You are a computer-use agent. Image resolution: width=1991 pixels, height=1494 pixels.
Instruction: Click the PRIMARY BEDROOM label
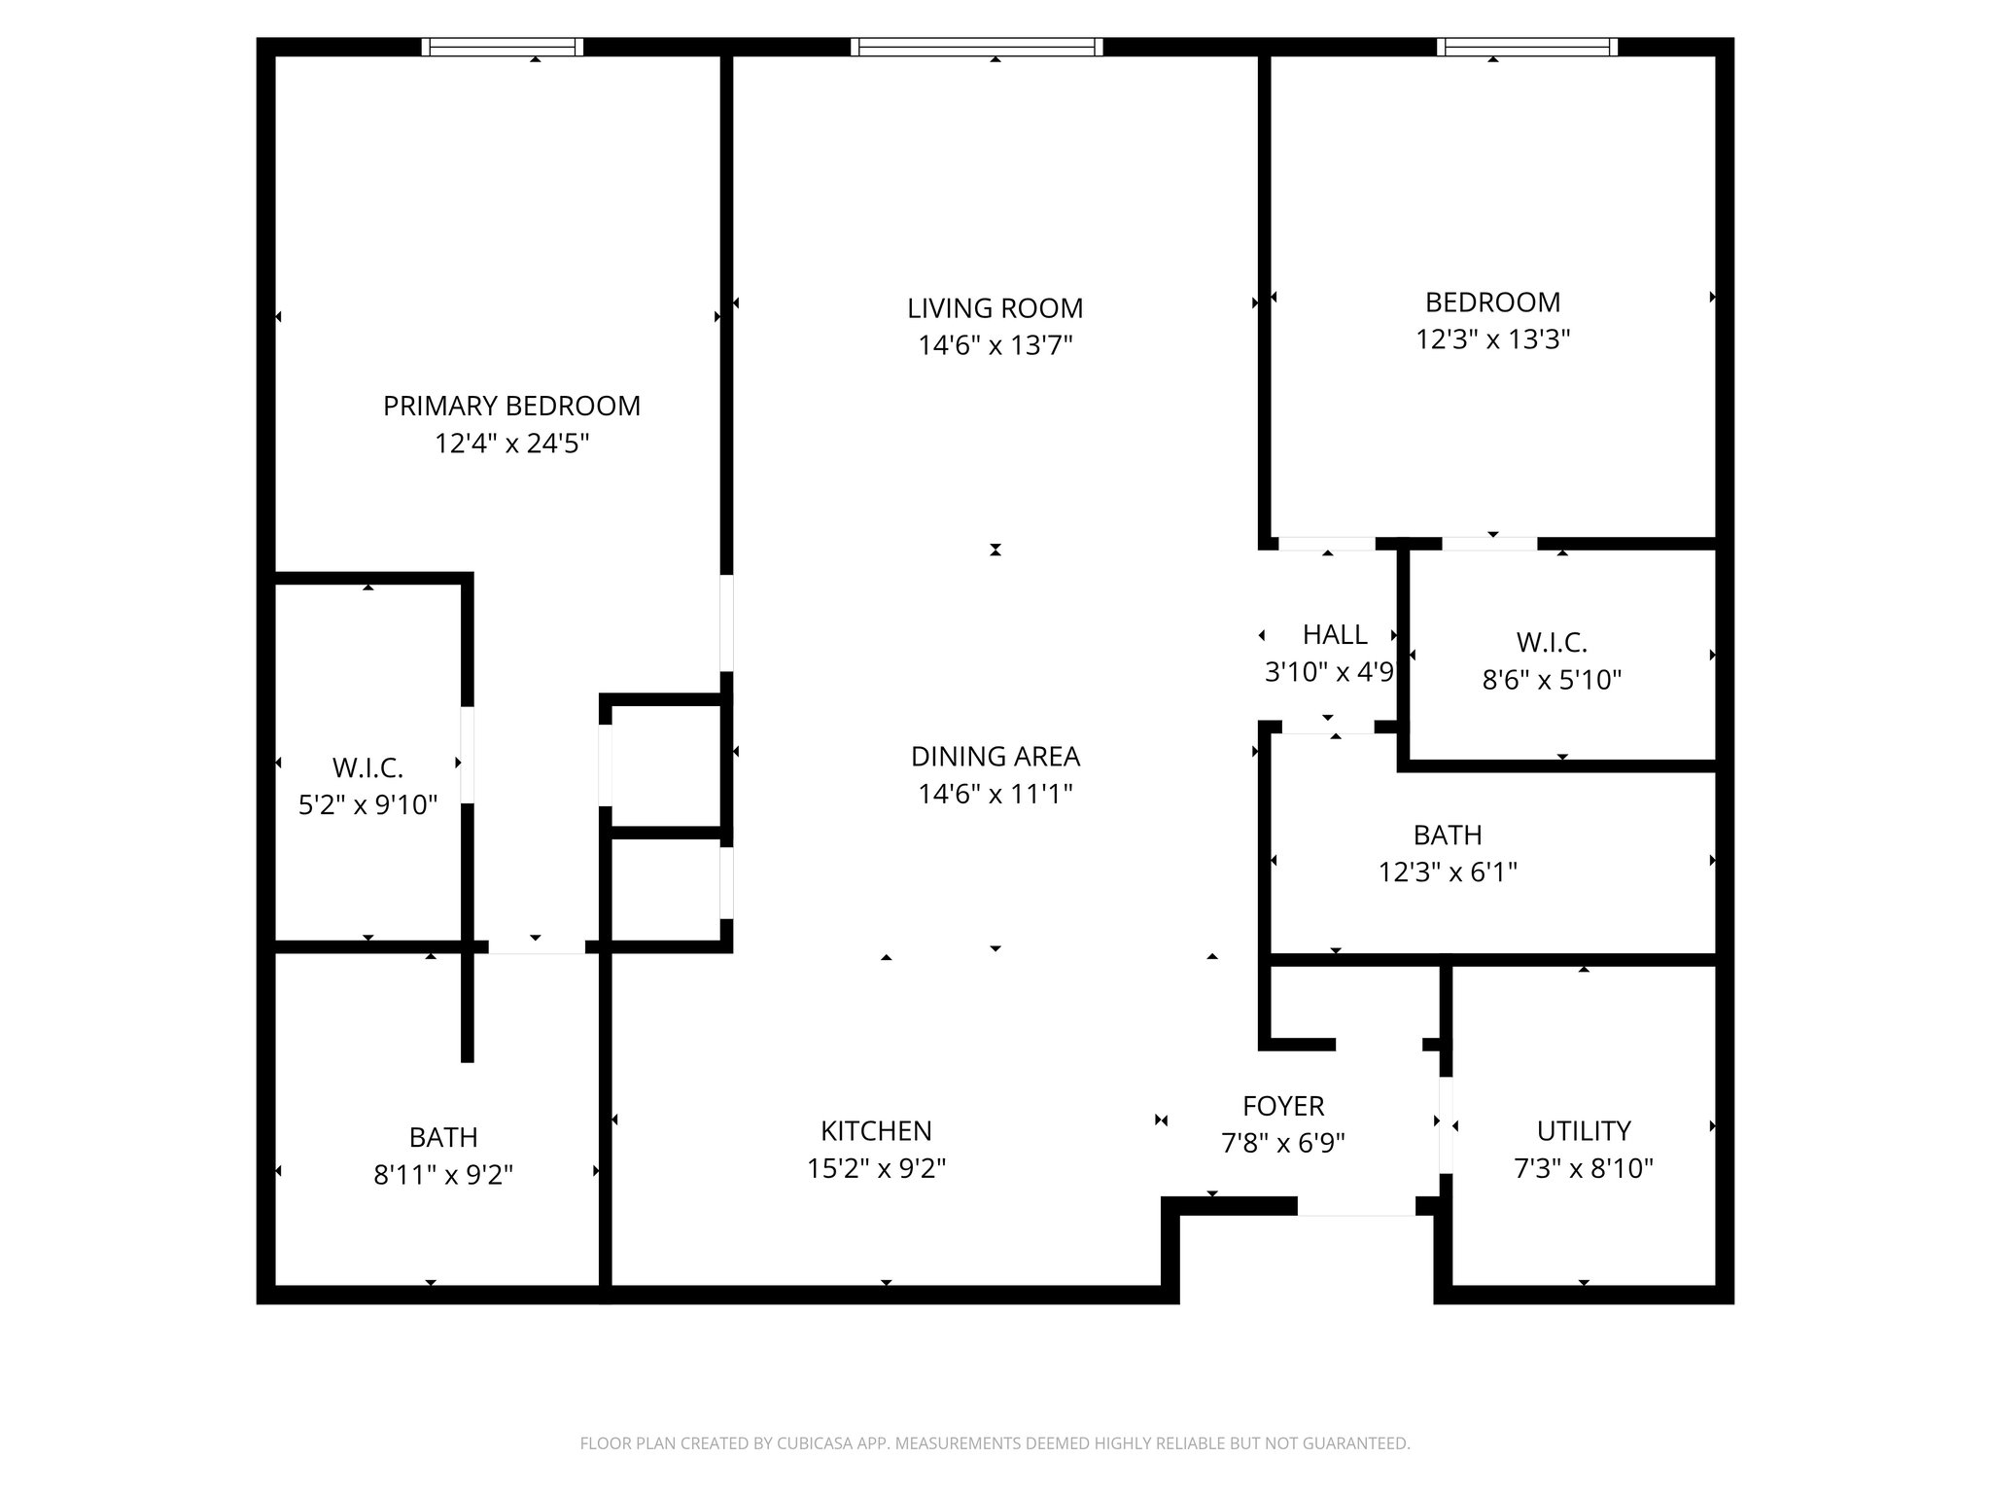click(x=511, y=406)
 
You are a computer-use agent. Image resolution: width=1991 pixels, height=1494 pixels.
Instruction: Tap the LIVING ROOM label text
click(x=995, y=308)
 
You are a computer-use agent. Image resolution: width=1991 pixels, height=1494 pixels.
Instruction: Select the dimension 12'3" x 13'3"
click(x=1492, y=339)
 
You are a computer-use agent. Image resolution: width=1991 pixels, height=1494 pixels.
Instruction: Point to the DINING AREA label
click(x=995, y=756)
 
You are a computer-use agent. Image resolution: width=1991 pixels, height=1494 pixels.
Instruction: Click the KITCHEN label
click(x=876, y=1130)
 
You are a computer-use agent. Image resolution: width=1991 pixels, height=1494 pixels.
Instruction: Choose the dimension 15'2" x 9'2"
click(x=876, y=1168)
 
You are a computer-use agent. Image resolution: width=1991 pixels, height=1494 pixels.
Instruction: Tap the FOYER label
click(x=1283, y=1106)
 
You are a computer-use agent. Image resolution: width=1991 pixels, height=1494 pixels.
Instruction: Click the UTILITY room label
click(x=1583, y=1130)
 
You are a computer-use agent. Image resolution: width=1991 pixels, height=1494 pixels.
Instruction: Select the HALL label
click(x=1335, y=634)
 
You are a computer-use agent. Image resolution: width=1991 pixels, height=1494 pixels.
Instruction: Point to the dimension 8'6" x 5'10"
click(x=1552, y=680)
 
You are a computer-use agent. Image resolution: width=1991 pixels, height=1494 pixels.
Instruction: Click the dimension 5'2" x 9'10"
click(x=367, y=805)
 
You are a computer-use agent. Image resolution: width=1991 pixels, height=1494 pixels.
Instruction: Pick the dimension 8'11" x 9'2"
click(x=443, y=1175)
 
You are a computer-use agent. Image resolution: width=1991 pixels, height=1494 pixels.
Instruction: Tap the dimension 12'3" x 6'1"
click(x=1448, y=872)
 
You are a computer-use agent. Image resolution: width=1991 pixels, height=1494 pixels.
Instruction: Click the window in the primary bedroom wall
click(x=503, y=47)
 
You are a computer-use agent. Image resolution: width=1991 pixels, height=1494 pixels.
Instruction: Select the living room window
click(x=976, y=47)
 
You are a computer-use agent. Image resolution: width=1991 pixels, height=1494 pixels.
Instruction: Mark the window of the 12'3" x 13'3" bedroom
click(x=1527, y=47)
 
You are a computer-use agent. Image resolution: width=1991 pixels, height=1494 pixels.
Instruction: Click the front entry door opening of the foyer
click(x=1356, y=1206)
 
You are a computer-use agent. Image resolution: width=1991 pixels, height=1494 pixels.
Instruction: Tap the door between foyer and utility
click(x=1446, y=1124)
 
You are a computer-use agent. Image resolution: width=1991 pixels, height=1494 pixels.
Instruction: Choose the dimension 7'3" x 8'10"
click(x=1583, y=1168)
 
